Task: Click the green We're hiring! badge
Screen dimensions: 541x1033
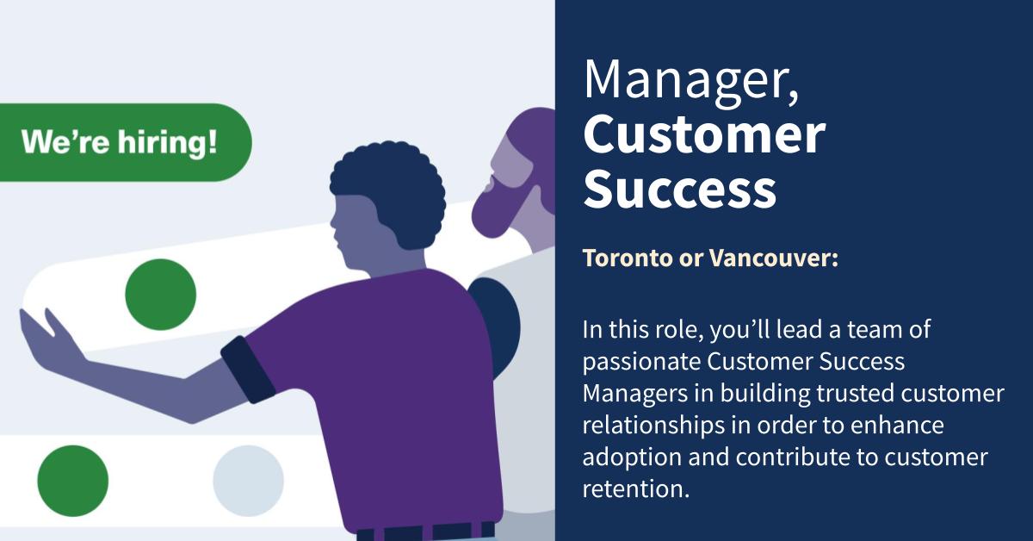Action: click(121, 142)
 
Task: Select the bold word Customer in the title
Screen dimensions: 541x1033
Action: click(704, 135)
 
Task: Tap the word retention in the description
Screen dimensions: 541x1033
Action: click(635, 489)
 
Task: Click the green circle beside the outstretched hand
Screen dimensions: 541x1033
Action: click(160, 295)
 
